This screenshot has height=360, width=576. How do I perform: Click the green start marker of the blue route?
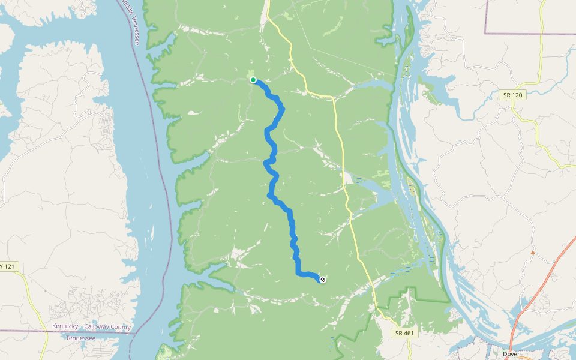(253, 80)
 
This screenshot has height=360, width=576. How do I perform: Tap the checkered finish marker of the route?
(323, 279)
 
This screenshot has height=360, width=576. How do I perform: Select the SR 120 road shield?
(513, 95)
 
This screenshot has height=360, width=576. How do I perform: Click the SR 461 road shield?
(404, 333)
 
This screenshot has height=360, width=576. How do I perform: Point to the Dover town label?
(511, 354)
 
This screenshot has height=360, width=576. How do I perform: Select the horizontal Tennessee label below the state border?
(80, 338)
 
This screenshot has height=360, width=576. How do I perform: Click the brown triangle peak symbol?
(532, 253)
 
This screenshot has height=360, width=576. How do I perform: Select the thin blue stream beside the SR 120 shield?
(480, 108)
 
